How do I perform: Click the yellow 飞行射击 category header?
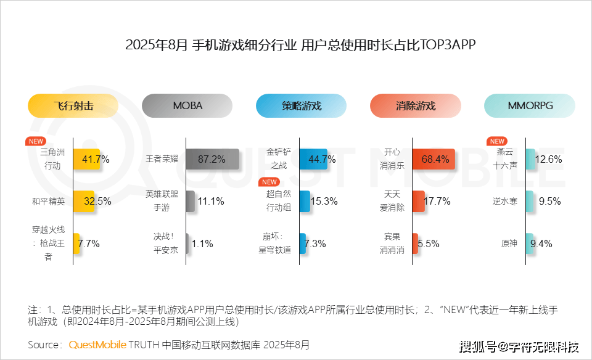click(73, 105)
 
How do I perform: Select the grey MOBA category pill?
click(187, 105)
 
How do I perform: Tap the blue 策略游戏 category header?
click(301, 105)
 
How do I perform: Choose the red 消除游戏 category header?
click(415, 105)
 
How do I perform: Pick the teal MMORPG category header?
click(529, 105)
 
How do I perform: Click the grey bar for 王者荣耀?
click(212, 159)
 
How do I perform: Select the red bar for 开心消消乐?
click(435, 159)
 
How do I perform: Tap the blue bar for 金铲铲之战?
click(313, 159)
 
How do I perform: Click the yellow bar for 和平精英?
click(84, 201)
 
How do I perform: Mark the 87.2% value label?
click(212, 159)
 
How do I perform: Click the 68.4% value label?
click(435, 159)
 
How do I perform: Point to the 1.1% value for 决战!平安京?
click(202, 243)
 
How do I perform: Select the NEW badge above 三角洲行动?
click(35, 141)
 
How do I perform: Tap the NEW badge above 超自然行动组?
click(269, 182)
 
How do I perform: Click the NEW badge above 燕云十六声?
click(496, 141)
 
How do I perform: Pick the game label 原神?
click(509, 243)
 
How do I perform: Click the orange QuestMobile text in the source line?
click(97, 344)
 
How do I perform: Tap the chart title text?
click(296, 45)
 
